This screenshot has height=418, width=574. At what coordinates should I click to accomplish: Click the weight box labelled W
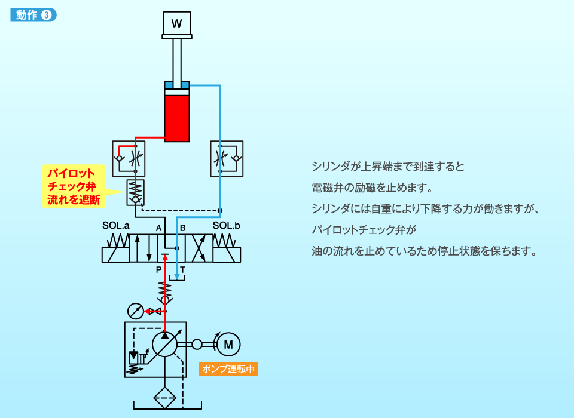176,24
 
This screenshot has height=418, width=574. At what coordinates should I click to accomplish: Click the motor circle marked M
228,343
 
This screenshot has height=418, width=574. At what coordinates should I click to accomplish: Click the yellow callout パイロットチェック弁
73,186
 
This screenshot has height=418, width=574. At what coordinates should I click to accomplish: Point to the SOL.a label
115,226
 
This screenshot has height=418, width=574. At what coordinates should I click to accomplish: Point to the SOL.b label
227,226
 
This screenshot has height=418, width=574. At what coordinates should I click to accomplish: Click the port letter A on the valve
158,228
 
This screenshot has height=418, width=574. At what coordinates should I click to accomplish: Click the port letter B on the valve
183,228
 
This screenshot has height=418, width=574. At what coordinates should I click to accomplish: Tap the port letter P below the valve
158,270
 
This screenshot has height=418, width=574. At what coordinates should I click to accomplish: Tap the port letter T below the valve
183,270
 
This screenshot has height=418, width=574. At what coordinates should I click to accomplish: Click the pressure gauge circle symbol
136,311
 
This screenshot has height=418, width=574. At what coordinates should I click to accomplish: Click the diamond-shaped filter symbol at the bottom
164,398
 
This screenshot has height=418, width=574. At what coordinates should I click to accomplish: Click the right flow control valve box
227,158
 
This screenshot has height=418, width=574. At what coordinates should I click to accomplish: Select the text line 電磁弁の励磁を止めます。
372,188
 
